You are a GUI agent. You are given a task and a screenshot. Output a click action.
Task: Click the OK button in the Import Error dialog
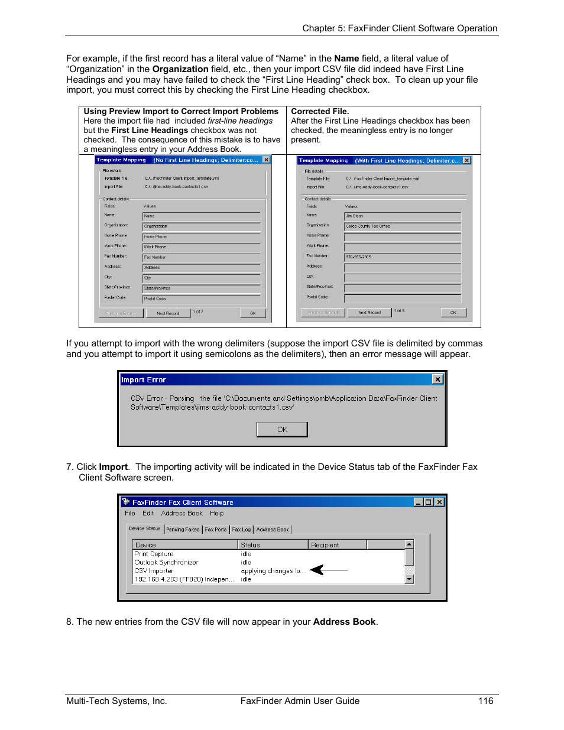coord(282,429)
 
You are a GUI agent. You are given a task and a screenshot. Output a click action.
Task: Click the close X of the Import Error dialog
coord(437,379)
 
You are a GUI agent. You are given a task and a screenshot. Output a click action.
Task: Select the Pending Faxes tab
coord(183,530)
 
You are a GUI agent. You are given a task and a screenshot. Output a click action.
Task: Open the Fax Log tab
coord(241,530)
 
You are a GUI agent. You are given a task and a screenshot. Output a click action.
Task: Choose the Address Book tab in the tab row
coord(273,530)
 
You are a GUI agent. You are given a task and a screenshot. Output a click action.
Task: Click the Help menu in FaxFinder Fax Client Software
coord(216,513)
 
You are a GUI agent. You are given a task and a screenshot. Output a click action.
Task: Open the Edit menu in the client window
coord(148,513)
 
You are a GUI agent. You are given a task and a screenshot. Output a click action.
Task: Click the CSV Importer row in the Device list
coord(154,571)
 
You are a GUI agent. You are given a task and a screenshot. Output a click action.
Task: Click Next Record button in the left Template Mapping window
coord(168,313)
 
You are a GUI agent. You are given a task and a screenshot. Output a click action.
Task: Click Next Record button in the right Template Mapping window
coord(369,313)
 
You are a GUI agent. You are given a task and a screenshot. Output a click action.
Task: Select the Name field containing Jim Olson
coord(402,216)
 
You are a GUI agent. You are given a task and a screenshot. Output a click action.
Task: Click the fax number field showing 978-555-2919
coord(402,257)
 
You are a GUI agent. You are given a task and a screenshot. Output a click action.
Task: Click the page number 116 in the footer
coord(485,701)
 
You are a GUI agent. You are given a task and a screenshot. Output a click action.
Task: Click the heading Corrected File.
coord(320,111)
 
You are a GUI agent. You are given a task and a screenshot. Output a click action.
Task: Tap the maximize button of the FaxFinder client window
coord(429,502)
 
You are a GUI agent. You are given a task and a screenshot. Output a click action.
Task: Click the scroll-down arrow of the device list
coord(409,579)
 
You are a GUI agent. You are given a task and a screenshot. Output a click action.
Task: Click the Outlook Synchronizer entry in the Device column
coord(167,563)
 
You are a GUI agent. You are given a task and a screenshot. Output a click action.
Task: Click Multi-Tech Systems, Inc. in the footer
coord(116,701)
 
